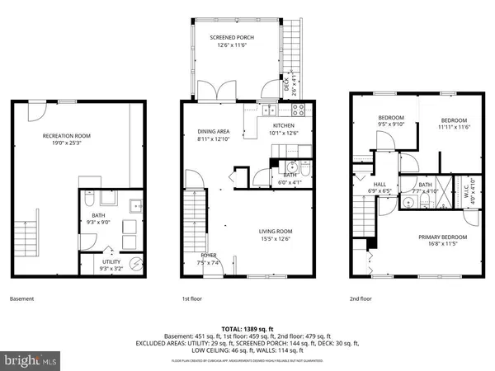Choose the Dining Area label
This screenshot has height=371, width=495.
click(x=213, y=131)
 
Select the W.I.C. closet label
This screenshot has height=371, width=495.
click(x=472, y=185)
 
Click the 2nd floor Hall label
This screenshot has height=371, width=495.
click(x=379, y=185)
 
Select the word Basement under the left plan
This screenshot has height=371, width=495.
click(x=21, y=298)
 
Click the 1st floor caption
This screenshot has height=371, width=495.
click(x=192, y=298)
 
